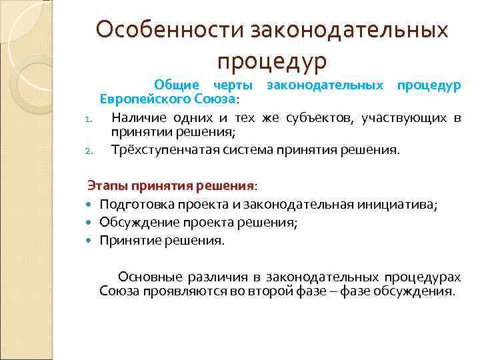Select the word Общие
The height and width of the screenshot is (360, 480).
(x=177, y=85)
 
